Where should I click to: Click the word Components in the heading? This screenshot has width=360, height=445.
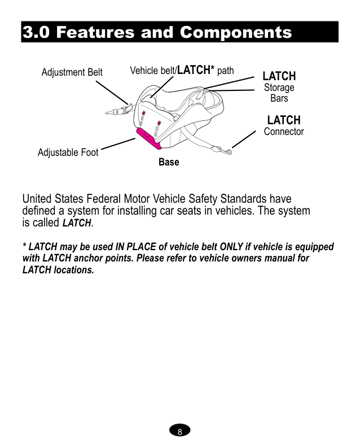[235, 32]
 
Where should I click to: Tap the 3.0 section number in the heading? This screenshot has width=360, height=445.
[38, 32]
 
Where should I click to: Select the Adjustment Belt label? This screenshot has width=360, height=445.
[72, 72]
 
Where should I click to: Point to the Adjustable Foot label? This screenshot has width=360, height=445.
[68, 152]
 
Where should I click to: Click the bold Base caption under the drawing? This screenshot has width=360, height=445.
[169, 163]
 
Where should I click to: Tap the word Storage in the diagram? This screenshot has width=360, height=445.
[279, 88]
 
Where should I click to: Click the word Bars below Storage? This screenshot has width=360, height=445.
[279, 98]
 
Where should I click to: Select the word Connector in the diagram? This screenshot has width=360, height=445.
[284, 132]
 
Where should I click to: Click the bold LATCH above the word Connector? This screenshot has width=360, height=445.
[284, 120]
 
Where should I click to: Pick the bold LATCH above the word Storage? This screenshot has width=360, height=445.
[279, 76]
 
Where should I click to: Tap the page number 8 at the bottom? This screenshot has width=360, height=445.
[179, 432]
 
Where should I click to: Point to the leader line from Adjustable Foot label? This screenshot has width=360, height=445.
[117, 145]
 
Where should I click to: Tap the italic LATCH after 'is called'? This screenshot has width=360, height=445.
[76, 223]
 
